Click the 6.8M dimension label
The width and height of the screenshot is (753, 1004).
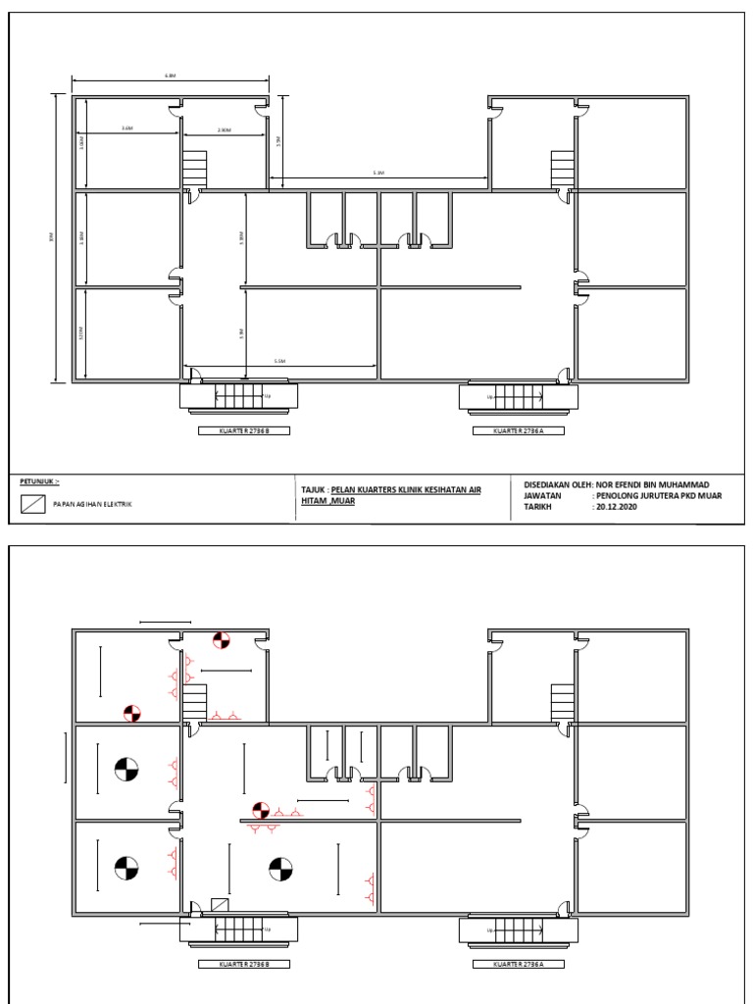pos(172,75)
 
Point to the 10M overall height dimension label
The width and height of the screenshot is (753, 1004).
pos(51,236)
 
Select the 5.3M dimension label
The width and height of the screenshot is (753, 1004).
pos(378,173)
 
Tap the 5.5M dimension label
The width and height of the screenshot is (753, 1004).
pos(280,362)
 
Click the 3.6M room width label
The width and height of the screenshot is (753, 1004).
pos(127,128)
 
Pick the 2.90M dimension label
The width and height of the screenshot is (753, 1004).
pos(224,128)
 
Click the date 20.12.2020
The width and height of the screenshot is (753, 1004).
pos(616,508)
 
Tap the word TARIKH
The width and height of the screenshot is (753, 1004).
pos(541,508)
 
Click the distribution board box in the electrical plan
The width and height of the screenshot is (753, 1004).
pos(221,906)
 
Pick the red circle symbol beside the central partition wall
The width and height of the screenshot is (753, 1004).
pos(261,810)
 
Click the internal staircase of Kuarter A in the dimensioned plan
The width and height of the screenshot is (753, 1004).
pos(562,168)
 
